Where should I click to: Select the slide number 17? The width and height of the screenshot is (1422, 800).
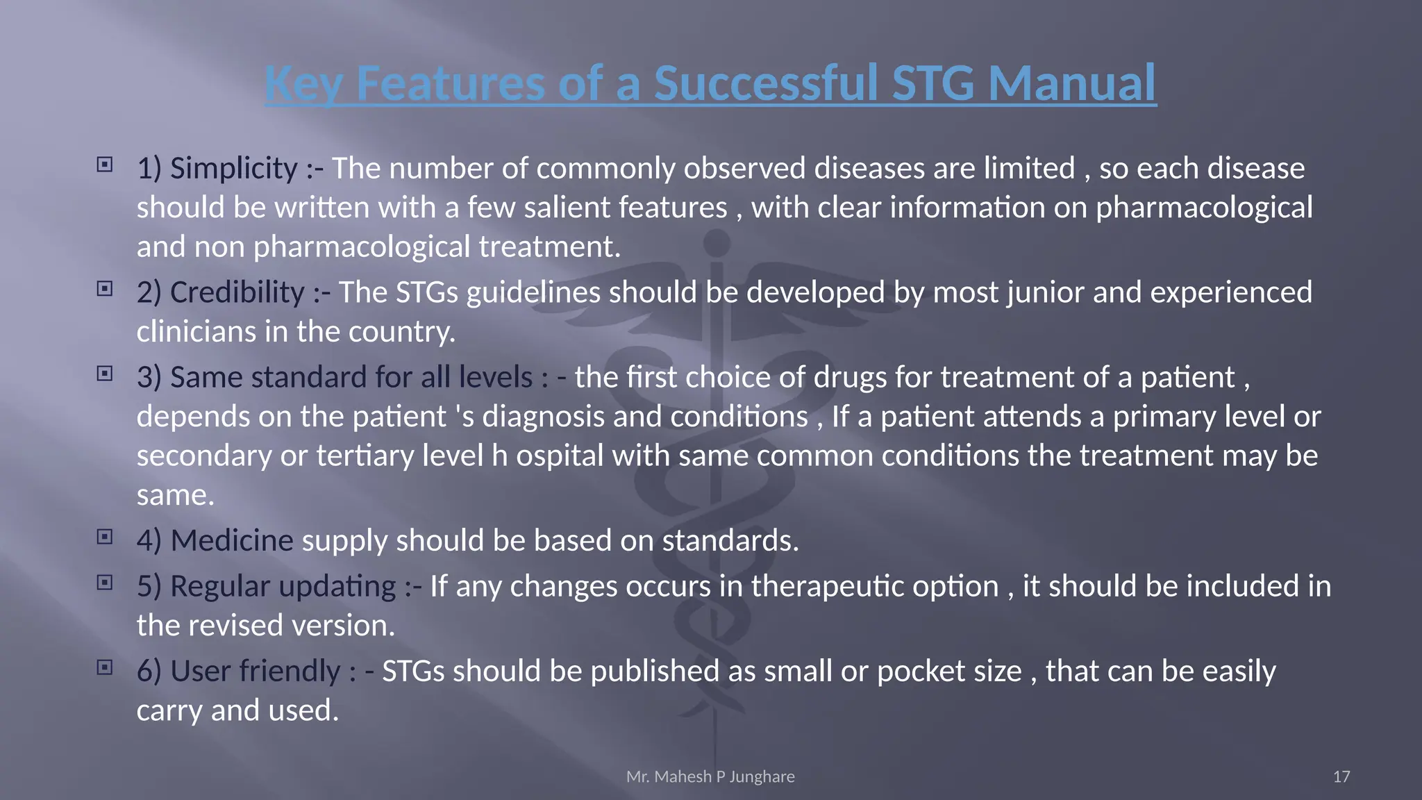[x=1341, y=776]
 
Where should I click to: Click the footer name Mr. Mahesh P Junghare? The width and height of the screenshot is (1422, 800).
[x=710, y=776]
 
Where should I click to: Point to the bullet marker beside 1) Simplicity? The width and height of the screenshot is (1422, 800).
[x=105, y=165]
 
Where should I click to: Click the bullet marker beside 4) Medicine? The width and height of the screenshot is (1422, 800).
[x=105, y=537]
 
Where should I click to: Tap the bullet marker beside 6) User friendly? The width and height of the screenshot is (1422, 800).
[x=105, y=667]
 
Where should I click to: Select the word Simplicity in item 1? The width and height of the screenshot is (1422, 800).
[x=234, y=169]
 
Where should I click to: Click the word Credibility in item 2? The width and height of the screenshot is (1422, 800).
[x=237, y=292]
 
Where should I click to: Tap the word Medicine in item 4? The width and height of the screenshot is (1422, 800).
[x=232, y=541]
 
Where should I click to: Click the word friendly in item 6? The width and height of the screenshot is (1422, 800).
[x=290, y=672]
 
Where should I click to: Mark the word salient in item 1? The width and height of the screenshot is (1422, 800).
[x=567, y=208]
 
